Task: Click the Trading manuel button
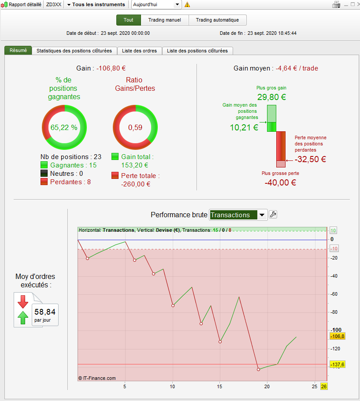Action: click(165, 20)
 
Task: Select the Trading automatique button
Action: click(217, 20)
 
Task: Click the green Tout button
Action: click(129, 20)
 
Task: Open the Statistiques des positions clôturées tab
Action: click(77, 51)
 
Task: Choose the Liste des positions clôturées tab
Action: click(197, 51)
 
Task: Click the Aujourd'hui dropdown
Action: click(157, 4)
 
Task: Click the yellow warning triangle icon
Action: click(187, 4)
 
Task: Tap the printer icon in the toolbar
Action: click(336, 4)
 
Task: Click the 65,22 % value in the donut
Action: click(64, 127)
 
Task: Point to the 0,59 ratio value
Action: click(135, 127)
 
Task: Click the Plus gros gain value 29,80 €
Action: click(271, 97)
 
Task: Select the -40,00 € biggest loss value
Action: click(280, 182)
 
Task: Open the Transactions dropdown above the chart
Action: click(238, 215)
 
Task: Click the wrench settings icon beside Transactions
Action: click(273, 215)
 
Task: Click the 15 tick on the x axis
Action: click(219, 386)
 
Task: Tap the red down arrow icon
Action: click(22, 302)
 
